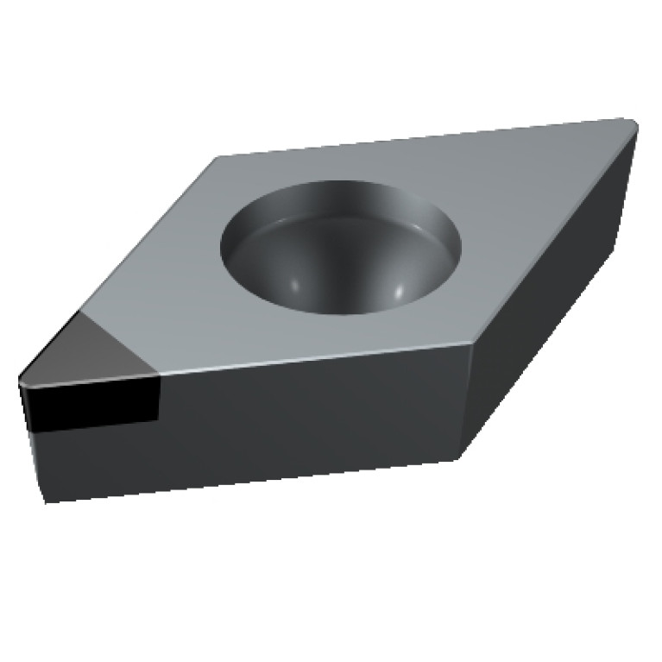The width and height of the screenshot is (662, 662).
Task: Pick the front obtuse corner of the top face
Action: (x=471, y=344)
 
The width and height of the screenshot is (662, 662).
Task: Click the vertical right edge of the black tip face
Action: (x=160, y=397)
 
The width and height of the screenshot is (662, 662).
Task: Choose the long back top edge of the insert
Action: (x=423, y=138)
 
